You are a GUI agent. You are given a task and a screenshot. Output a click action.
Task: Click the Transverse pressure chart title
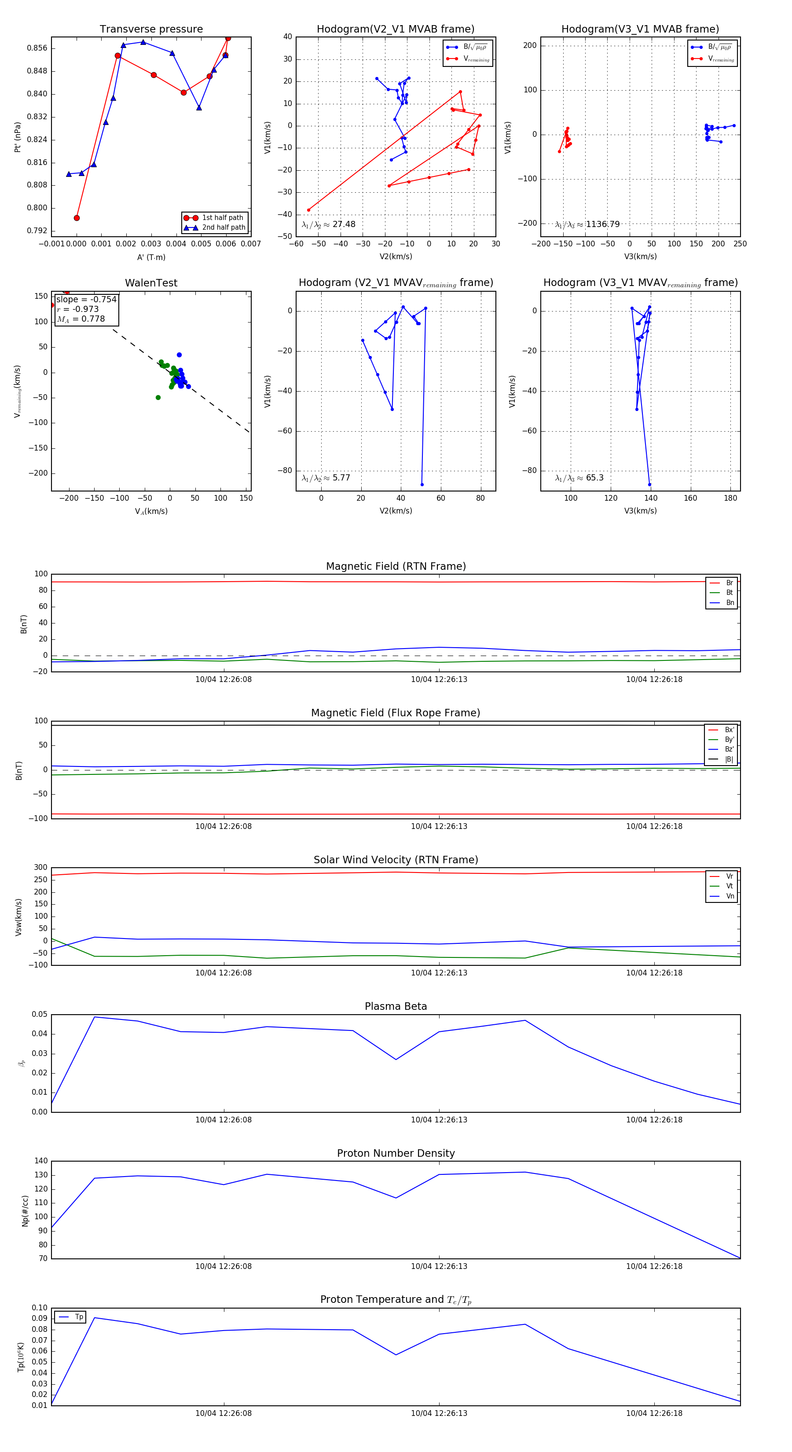click(151, 29)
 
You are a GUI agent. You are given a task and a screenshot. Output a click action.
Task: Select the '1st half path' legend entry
click(222, 217)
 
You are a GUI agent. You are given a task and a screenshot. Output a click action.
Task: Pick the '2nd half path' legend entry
click(223, 228)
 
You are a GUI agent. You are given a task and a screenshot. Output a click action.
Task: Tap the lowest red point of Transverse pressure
click(77, 218)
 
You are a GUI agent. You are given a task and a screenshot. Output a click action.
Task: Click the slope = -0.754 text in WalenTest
click(86, 299)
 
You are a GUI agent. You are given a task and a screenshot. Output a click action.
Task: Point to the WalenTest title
click(151, 283)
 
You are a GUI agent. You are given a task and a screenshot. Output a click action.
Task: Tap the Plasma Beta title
click(396, 1006)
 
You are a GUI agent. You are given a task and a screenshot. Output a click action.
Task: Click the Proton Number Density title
click(396, 1153)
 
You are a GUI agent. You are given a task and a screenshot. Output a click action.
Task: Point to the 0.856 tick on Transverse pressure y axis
click(37, 48)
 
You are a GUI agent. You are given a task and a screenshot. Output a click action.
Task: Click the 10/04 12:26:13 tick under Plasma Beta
click(439, 1119)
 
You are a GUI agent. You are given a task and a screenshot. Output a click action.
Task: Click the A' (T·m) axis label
click(151, 257)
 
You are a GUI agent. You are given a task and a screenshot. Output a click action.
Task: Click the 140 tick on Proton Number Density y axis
click(41, 1161)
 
